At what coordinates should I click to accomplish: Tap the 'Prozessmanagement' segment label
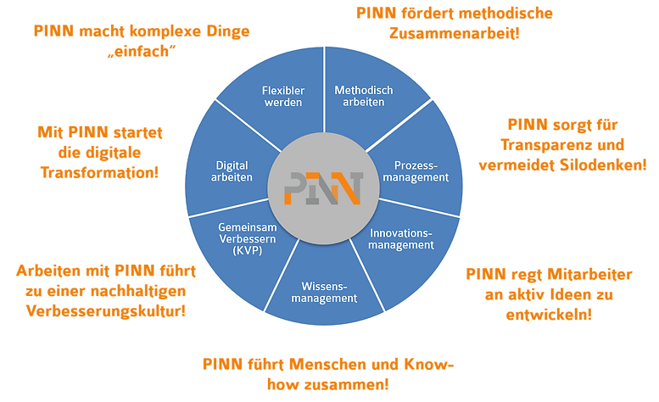(x=422, y=170)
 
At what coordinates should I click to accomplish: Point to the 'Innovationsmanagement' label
(x=402, y=238)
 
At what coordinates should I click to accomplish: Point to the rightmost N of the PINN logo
(x=350, y=187)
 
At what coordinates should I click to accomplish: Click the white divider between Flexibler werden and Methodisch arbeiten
(x=325, y=93)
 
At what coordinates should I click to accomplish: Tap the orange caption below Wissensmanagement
(x=328, y=374)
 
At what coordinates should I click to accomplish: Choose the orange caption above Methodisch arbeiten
(x=442, y=23)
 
